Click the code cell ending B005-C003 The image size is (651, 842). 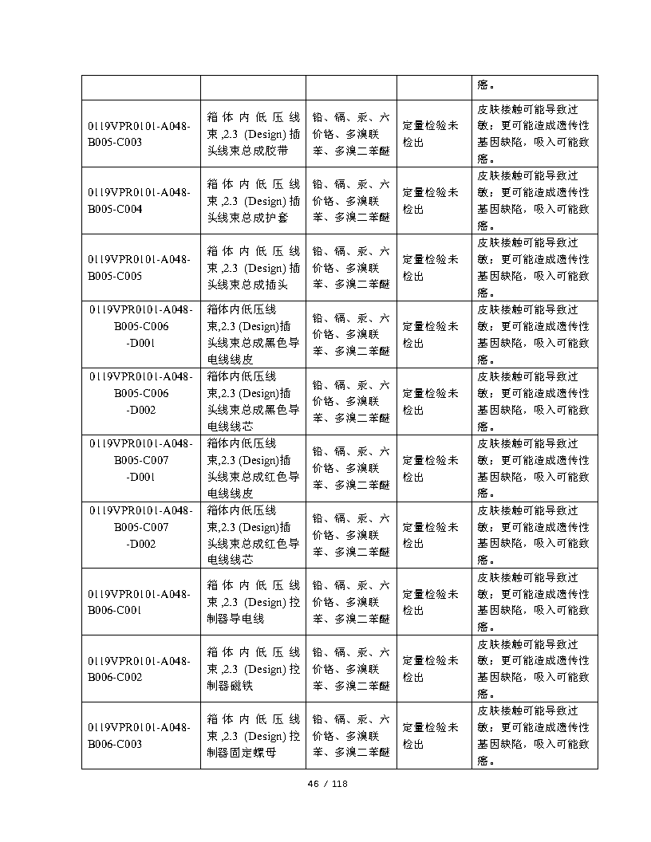point(140,133)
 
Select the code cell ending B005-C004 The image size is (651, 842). point(140,200)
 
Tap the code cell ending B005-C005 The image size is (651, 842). point(140,267)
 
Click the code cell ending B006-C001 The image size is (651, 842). point(140,602)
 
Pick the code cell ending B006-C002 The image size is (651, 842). point(140,669)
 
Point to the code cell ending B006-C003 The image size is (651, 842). point(140,736)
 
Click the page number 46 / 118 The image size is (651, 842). point(328,784)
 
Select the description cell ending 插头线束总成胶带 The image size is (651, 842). point(253,133)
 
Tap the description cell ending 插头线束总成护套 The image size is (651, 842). point(253,200)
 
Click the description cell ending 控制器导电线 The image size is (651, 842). point(253,602)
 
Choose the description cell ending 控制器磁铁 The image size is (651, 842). point(253,669)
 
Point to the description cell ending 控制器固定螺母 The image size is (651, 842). point(253,736)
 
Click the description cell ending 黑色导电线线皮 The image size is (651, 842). point(253,334)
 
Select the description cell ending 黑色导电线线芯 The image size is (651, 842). point(253,401)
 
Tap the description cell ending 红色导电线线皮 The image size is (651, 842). point(253,468)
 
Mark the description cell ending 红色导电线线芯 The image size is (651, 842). point(253,535)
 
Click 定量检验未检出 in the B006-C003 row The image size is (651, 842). point(431,736)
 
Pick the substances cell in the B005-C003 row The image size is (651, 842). point(351,133)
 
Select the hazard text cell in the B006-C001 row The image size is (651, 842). point(534,602)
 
